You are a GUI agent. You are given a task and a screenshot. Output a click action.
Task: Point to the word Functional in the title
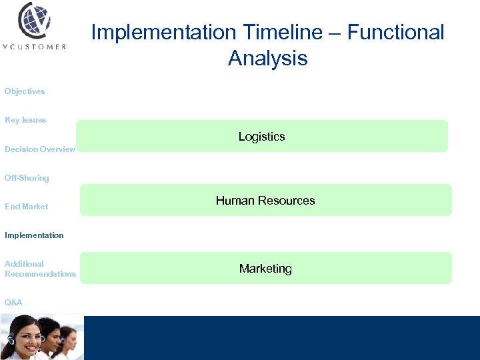tap(395, 32)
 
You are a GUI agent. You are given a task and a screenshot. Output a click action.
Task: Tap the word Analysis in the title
tap(267, 58)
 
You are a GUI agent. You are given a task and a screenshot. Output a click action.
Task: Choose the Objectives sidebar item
tap(25, 91)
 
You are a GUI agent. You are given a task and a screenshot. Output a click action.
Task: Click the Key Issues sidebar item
tap(25, 120)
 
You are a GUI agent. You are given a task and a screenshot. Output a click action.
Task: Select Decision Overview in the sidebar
tap(40, 149)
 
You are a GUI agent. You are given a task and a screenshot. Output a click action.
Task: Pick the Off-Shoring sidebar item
tap(27, 178)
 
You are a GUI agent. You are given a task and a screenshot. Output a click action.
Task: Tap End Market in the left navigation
tap(27, 207)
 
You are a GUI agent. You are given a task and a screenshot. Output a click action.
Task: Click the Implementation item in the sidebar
tap(34, 235)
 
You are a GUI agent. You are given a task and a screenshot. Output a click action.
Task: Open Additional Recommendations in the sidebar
tap(40, 269)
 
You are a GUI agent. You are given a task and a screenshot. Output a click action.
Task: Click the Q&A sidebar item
tap(13, 303)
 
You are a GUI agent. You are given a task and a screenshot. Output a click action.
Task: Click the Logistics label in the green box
tap(261, 137)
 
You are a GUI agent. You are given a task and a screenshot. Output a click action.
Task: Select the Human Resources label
tap(265, 201)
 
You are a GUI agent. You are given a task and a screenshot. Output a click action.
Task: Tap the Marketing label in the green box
tap(265, 269)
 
